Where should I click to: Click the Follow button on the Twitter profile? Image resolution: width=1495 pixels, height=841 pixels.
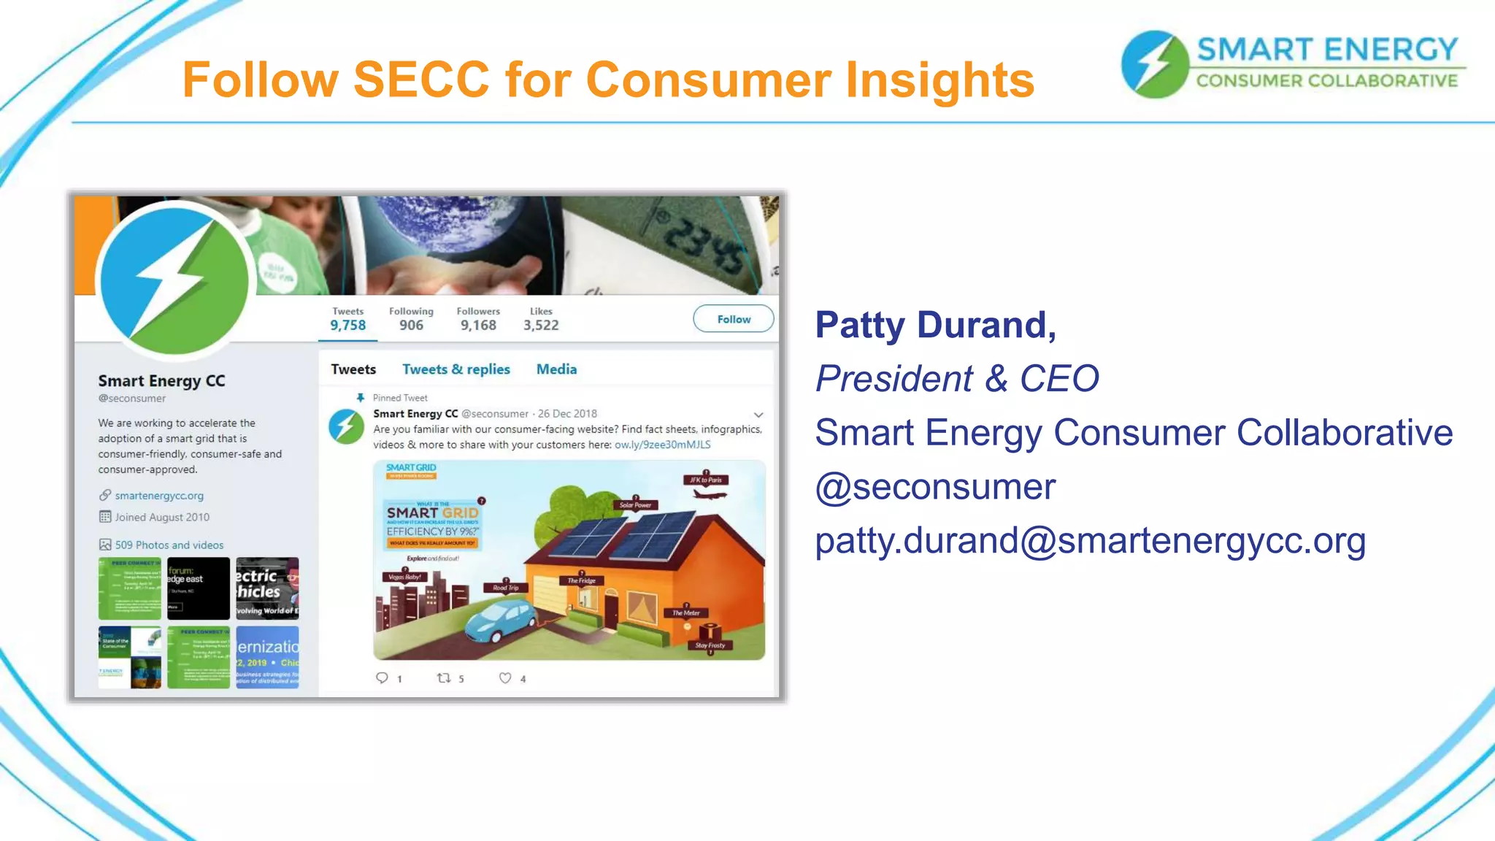(733, 319)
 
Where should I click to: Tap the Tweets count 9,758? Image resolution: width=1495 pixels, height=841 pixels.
(347, 325)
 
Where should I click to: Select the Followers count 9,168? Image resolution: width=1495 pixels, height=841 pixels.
(478, 325)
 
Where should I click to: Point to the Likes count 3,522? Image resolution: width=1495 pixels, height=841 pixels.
(541, 325)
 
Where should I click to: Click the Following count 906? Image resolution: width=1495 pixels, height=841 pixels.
(411, 325)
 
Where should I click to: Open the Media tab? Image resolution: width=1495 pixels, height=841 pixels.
(556, 369)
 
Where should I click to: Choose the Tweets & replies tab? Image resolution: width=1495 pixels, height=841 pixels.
(456, 369)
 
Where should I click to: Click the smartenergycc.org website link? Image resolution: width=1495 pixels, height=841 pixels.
(159, 496)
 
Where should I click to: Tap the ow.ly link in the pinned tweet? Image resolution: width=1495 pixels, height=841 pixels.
(662, 445)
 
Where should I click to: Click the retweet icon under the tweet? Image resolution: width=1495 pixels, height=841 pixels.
(443, 678)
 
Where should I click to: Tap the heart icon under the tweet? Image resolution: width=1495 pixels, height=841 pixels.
(505, 678)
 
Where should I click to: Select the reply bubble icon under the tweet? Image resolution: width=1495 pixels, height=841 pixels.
(382, 678)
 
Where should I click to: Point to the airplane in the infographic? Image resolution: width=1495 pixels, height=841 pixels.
(708, 494)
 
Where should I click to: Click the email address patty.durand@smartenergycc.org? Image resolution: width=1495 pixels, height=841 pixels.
(1090, 541)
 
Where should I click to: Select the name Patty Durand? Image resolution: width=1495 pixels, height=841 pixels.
(935, 325)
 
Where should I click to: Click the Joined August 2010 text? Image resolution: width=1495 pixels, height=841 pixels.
(162, 518)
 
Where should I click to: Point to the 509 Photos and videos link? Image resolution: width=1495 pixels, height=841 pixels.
(169, 545)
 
